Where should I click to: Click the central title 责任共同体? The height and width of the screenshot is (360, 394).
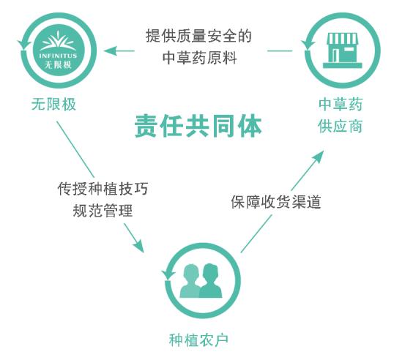pos(198,126)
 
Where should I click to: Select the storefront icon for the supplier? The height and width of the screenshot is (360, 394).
pos(342,50)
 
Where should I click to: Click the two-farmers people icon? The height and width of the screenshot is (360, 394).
pos(201,280)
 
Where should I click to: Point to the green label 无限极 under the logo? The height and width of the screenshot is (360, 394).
pos(53,104)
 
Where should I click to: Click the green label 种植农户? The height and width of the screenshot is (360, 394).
pos(198,340)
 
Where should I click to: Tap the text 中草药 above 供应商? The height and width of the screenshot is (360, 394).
pos(341,104)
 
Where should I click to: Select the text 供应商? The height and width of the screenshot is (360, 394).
pos(341,126)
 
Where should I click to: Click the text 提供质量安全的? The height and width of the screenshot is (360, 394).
pos(198,36)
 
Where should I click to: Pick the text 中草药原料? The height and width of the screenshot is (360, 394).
pos(199,58)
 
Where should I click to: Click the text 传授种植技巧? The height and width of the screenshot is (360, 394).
pos(103,189)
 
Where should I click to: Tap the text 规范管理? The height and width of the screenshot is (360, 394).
pos(103,211)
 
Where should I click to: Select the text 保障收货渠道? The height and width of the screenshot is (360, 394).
pos(276,202)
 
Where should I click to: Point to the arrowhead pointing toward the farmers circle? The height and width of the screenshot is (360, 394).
pos(139,247)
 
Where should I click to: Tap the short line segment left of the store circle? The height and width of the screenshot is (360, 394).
pos(280,51)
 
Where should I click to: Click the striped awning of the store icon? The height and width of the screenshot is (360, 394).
pos(342,40)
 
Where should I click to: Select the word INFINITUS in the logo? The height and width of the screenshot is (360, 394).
pos(58,56)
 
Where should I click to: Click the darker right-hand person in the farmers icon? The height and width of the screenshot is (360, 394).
pos(211,281)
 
